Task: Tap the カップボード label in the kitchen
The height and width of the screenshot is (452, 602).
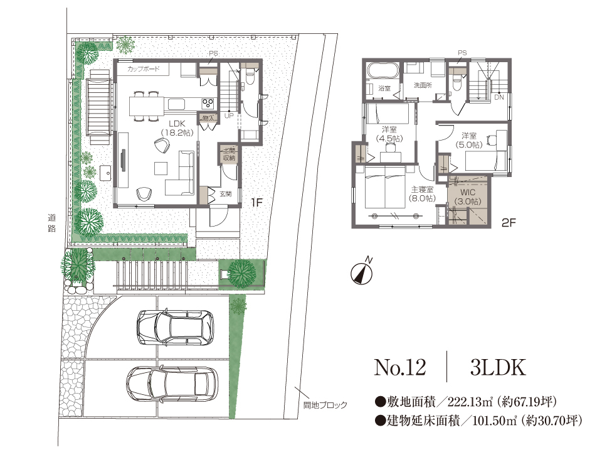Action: pos(144,68)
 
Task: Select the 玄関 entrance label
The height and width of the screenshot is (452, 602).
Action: pos(226,194)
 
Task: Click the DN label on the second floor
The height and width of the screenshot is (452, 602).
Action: pos(499,98)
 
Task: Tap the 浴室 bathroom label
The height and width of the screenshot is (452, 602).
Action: pos(384,89)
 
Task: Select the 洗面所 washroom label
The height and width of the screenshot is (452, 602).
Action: pos(423,85)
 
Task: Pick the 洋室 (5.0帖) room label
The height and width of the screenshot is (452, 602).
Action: pos(469,140)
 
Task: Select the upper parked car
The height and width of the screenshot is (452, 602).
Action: pos(174,326)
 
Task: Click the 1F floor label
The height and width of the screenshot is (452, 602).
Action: pos(256,202)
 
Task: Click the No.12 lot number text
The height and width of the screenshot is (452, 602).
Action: pos(399,368)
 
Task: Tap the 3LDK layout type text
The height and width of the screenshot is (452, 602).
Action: pos(496,368)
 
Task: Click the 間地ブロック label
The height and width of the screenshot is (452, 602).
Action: pos(325,405)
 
